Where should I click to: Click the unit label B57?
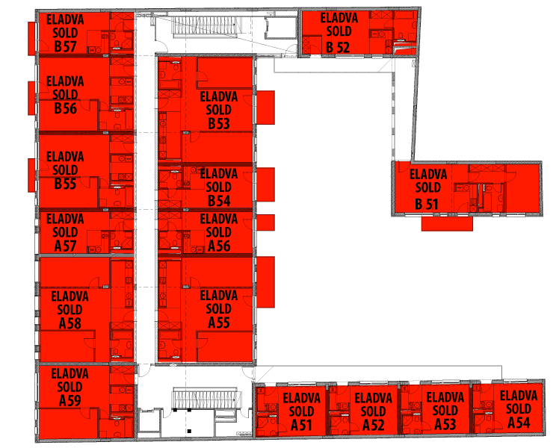point(65,46)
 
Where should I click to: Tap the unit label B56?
point(65,108)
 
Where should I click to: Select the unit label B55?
point(65,184)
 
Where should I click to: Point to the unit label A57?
point(65,246)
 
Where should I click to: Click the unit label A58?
point(69,323)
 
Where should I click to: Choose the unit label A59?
point(69,400)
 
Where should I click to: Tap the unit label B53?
point(219,124)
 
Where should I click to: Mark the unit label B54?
point(219,201)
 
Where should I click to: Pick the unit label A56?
point(219,246)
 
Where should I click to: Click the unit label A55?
point(219,323)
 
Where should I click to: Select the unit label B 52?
point(338,48)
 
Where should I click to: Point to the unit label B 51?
point(427,205)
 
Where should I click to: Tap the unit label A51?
point(301,426)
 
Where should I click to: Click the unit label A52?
point(374,426)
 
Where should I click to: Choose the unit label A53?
point(445,424)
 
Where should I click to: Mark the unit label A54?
point(519,423)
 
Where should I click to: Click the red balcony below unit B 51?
point(447,224)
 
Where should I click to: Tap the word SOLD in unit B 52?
point(339,31)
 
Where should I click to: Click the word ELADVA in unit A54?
point(519,396)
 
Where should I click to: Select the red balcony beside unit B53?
point(265,108)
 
